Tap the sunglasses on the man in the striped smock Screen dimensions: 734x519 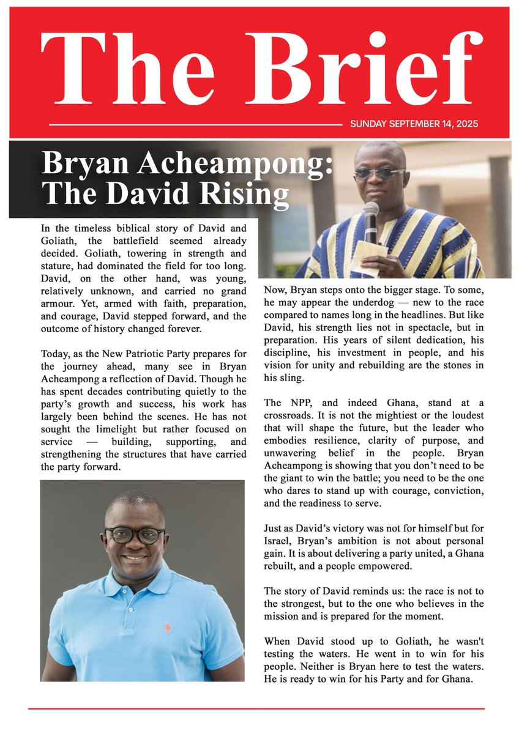[379, 172]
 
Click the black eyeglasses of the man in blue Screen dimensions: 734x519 [135, 535]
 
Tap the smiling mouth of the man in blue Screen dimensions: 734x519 [135, 557]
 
